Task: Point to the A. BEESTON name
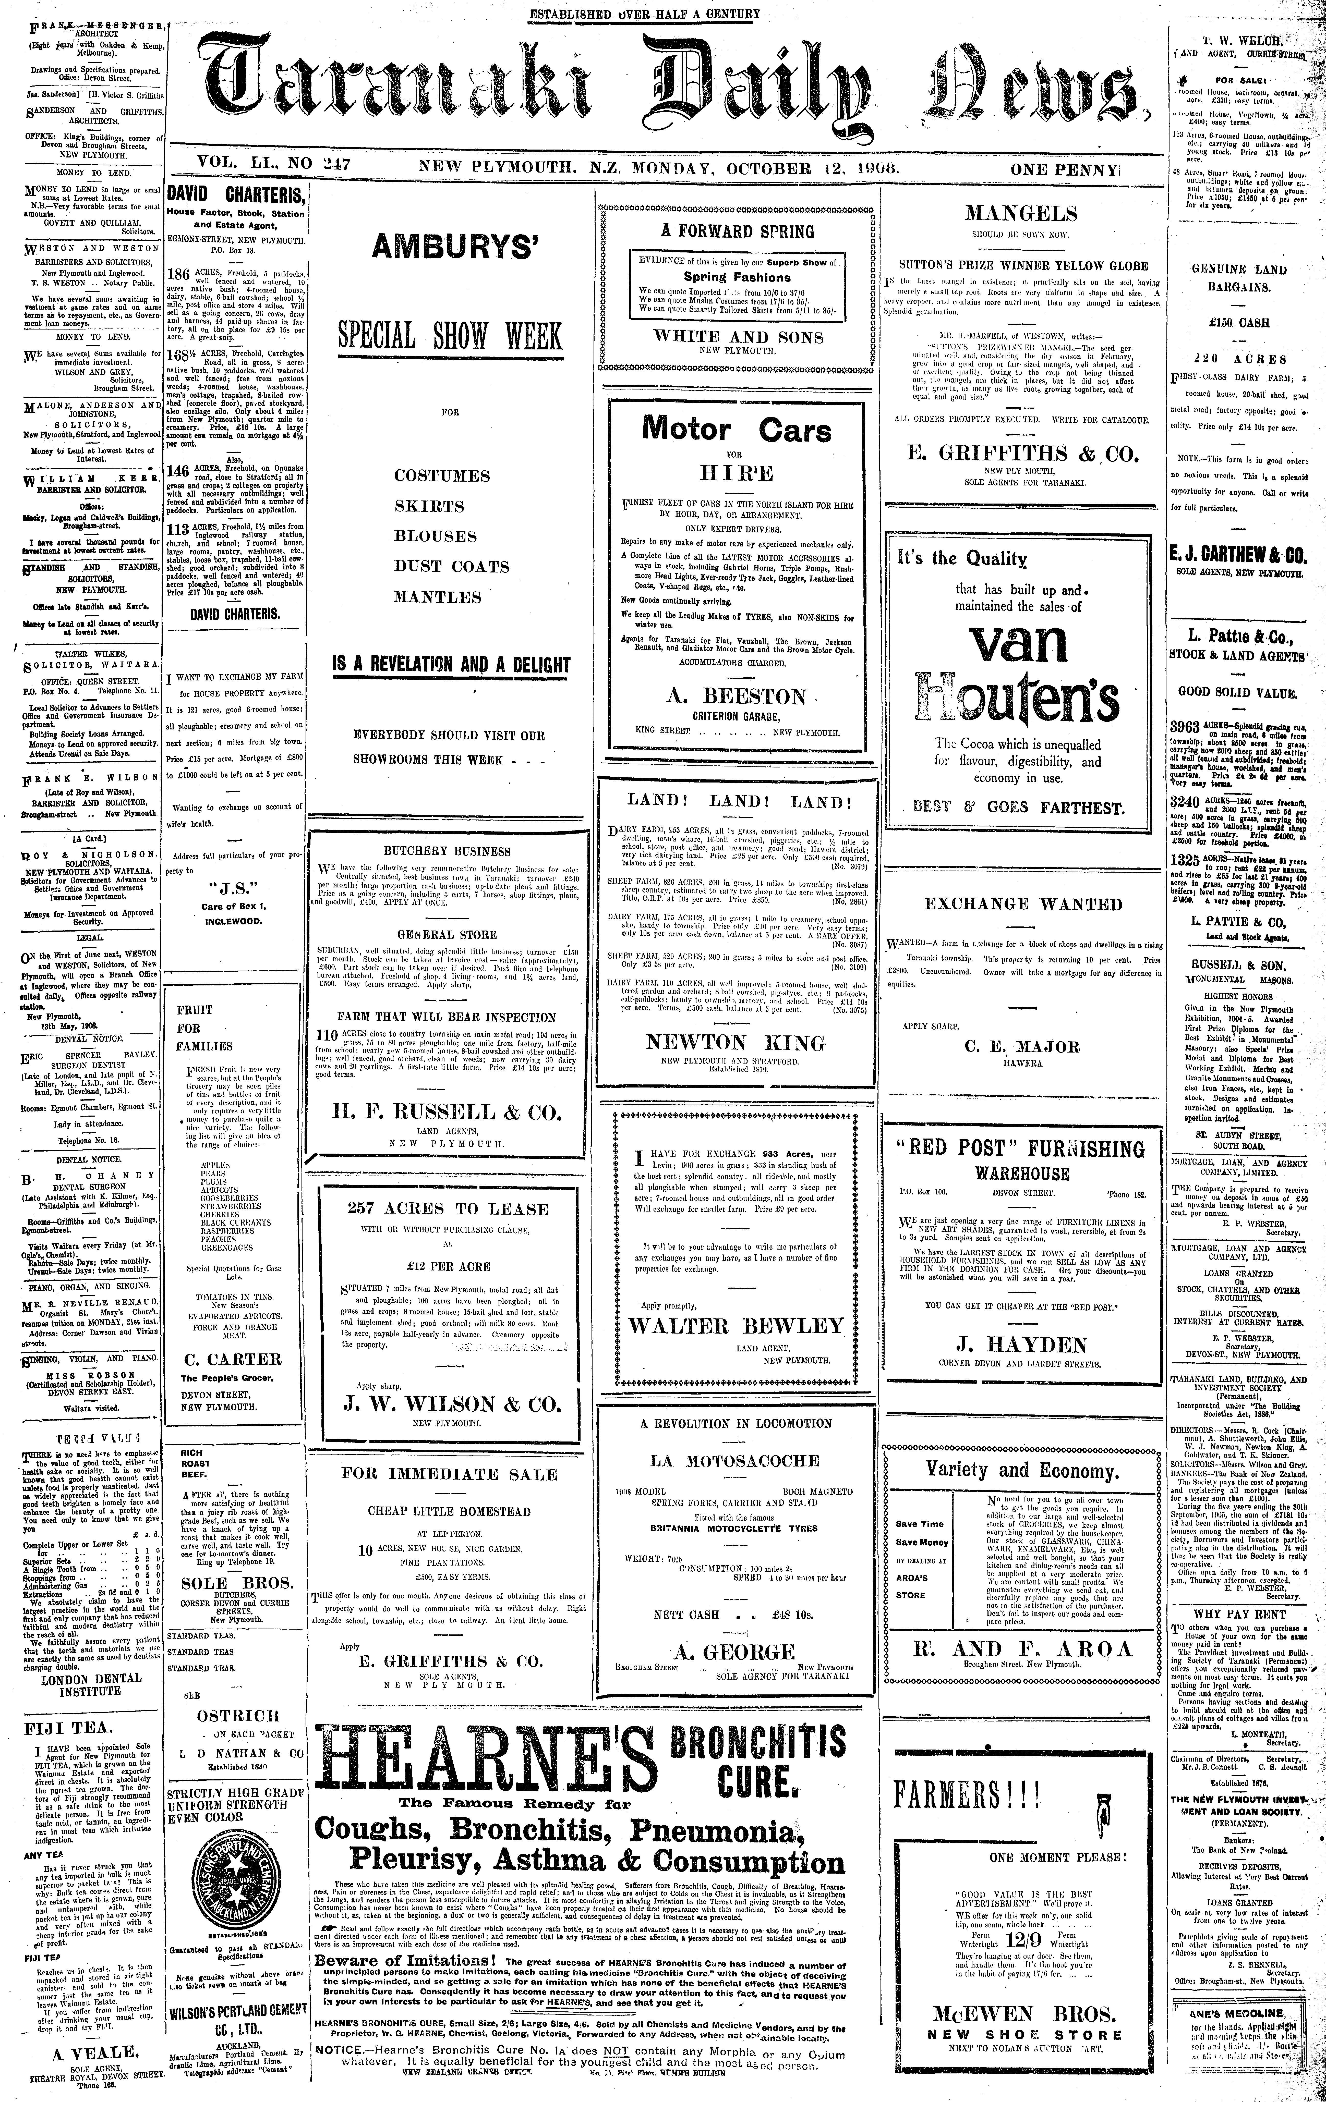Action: (736, 696)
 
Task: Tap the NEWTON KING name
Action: (736, 1042)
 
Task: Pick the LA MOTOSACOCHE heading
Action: (736, 1460)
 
